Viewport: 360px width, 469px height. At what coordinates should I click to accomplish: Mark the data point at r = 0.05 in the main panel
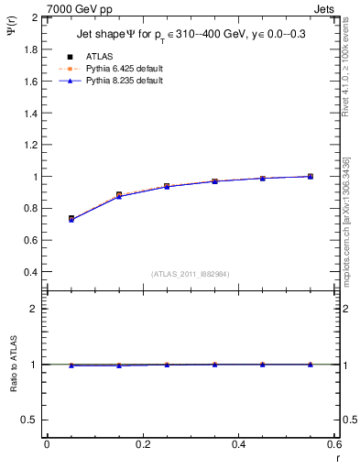click(71, 219)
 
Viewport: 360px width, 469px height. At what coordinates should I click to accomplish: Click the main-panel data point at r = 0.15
click(119, 195)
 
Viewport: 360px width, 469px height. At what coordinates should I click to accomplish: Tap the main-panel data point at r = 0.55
click(310, 176)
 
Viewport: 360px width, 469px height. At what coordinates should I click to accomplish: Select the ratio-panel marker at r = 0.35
click(214, 365)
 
